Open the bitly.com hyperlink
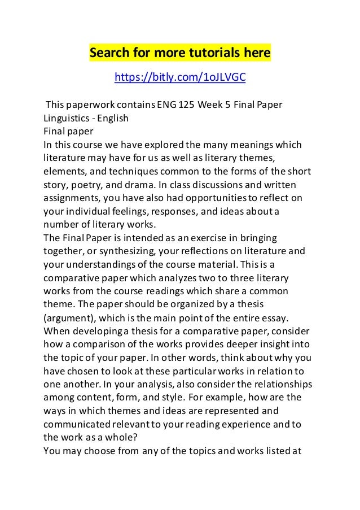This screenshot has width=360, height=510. (179, 76)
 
